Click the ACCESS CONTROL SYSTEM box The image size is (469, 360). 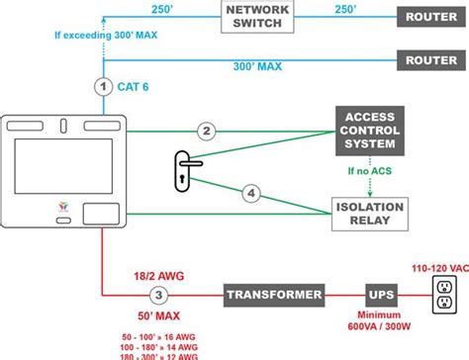click(x=369, y=130)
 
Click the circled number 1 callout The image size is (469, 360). click(x=103, y=87)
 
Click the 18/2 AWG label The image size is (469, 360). click(x=157, y=277)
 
